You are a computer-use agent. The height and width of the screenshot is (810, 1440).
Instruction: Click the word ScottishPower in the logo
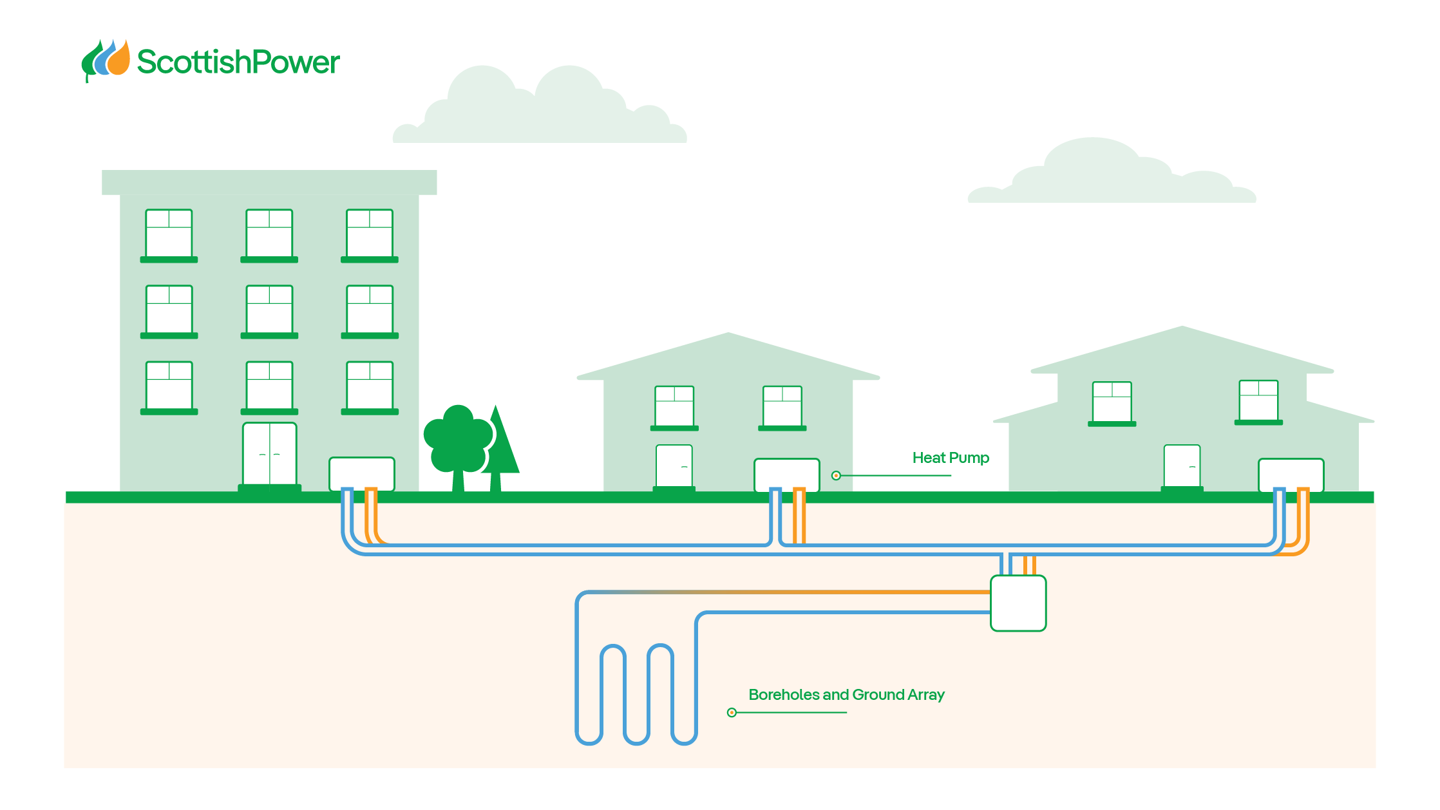tap(238, 62)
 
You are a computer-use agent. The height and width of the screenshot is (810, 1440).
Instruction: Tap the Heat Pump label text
tap(951, 458)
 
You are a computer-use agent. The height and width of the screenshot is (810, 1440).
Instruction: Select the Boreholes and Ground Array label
tap(846, 695)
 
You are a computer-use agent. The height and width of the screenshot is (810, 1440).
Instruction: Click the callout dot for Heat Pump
tap(836, 476)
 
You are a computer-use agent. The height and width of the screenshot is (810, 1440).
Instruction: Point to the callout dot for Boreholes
tap(732, 713)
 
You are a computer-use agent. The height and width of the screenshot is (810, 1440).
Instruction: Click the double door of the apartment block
tap(269, 455)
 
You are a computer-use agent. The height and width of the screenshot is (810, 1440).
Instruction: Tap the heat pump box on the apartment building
tap(362, 473)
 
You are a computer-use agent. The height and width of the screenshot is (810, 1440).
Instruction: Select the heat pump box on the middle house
tap(786, 475)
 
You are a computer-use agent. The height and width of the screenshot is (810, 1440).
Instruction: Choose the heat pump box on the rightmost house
tap(1291, 475)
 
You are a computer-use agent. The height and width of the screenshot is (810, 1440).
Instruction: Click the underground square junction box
tap(1018, 603)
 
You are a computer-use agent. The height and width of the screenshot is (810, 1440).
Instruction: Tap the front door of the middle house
tap(674, 466)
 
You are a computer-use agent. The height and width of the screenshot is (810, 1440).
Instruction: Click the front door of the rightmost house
tap(1182, 466)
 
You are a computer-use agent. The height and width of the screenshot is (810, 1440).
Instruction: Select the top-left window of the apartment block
tap(169, 234)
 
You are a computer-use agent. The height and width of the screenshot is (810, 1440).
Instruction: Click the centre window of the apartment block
tap(269, 310)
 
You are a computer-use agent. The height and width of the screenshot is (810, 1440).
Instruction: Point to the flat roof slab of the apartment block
tap(269, 182)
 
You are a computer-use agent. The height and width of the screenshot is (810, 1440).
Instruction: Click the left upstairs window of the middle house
tap(674, 406)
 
